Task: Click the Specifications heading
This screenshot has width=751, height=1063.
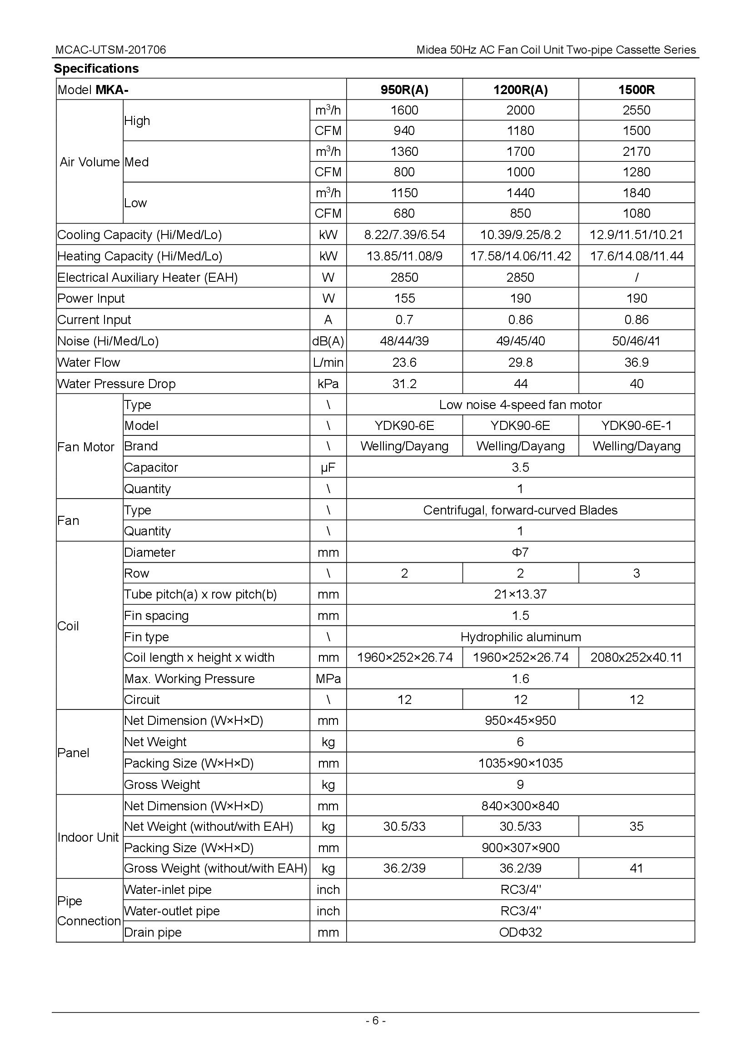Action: (x=96, y=69)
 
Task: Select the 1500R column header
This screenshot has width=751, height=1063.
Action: (x=636, y=90)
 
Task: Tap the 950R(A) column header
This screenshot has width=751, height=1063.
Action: (x=404, y=90)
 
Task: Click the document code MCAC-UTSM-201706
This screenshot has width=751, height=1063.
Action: (x=110, y=50)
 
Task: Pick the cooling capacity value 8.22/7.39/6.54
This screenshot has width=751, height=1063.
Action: (x=404, y=235)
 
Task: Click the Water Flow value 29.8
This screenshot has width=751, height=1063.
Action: (x=520, y=362)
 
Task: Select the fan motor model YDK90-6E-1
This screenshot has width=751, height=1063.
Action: (x=636, y=425)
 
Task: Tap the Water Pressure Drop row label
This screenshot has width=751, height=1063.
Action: (x=116, y=384)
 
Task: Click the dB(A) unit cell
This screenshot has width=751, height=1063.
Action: (x=328, y=341)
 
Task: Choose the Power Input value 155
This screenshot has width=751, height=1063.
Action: (x=404, y=299)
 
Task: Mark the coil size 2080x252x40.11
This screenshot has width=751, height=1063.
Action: (x=636, y=658)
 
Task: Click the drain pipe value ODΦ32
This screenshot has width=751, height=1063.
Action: (x=520, y=932)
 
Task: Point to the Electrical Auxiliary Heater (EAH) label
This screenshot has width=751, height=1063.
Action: (x=147, y=277)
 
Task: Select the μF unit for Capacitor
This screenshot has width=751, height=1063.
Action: (x=328, y=468)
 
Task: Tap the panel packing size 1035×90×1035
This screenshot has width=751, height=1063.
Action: (x=520, y=763)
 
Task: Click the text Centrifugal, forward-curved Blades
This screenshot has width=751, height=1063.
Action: (x=520, y=510)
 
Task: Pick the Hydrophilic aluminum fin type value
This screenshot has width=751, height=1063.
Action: (x=520, y=637)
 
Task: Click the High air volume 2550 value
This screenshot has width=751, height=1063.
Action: (x=636, y=110)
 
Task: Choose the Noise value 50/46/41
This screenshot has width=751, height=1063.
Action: (x=636, y=341)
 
